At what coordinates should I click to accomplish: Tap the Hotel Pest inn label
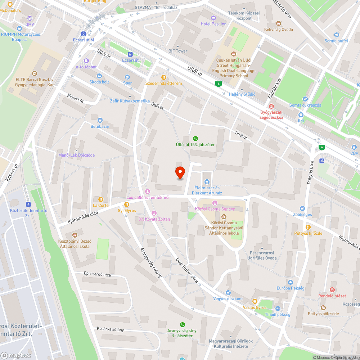click(x=214, y=24)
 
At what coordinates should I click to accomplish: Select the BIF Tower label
click(x=178, y=51)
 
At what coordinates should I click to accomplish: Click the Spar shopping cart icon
click(x=127, y=77)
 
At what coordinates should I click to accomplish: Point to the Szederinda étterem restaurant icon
click(x=164, y=77)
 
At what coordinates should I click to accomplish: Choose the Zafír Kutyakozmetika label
click(x=130, y=101)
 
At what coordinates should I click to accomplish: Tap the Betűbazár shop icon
click(x=100, y=120)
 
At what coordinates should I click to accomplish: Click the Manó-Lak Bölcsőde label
click(x=76, y=155)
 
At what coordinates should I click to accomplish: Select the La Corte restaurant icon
click(x=101, y=199)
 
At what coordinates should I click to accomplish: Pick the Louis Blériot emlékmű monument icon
click(x=147, y=191)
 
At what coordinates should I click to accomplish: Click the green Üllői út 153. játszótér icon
click(x=195, y=138)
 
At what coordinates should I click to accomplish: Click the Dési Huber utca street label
click(x=187, y=270)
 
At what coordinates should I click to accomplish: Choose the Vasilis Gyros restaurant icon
click(x=255, y=301)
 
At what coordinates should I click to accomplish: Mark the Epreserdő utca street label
click(x=97, y=275)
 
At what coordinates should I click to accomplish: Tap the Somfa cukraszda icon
click(x=305, y=99)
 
